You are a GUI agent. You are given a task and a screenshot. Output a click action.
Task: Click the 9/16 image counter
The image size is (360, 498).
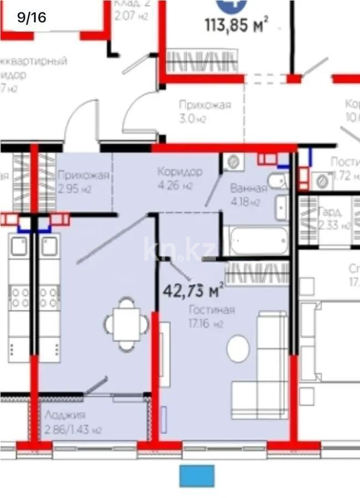(32, 17)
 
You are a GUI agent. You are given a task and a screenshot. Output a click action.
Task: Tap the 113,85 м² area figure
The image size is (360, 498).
(237, 25)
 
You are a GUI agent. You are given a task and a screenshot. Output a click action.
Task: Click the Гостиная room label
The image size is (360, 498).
(211, 310)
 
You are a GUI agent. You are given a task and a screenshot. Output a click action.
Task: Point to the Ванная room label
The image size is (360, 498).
(248, 189)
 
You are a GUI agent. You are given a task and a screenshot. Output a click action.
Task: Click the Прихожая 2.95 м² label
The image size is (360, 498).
(83, 182)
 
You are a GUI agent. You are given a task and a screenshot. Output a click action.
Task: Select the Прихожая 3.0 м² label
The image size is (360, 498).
(205, 111)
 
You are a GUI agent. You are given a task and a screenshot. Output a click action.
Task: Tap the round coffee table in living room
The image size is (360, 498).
(238, 349)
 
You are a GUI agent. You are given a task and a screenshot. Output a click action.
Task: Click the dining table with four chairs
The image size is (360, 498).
(127, 324)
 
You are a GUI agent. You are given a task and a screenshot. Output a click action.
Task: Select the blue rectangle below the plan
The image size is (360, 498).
(196, 476)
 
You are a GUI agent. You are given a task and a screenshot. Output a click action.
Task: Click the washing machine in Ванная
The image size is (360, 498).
(233, 162)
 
